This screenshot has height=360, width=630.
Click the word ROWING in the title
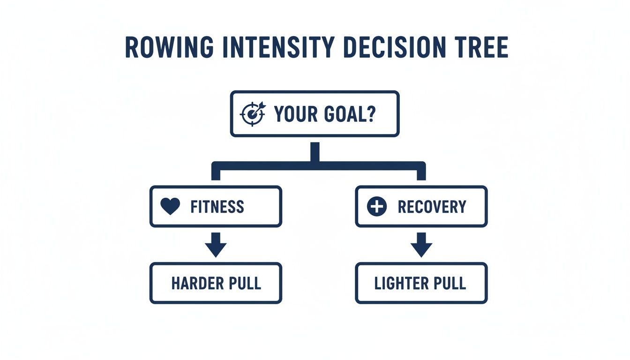point(169,47)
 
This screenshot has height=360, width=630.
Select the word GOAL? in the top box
point(349,114)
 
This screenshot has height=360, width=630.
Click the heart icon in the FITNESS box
point(170,207)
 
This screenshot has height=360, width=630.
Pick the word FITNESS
point(217,207)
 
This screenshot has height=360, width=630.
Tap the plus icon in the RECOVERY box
point(377,207)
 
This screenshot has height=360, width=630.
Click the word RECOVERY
point(432,207)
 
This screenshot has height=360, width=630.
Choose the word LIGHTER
point(401,283)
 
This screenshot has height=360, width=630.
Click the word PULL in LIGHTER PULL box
point(450,283)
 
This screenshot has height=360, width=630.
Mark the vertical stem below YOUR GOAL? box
point(315,152)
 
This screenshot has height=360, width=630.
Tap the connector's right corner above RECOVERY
point(421,166)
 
